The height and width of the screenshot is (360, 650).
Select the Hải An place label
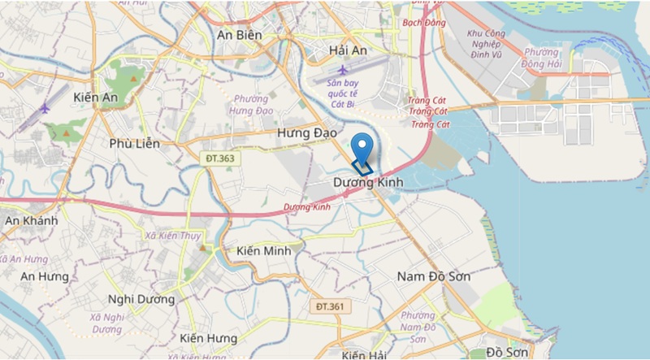[349, 50]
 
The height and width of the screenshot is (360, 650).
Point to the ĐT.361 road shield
[330, 306]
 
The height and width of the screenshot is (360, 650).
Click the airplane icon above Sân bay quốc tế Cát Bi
[342, 69]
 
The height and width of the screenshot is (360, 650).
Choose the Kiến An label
[95, 98]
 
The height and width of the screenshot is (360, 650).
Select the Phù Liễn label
[135, 144]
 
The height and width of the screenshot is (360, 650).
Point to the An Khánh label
[31, 221]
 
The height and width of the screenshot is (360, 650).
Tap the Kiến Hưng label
[209, 337]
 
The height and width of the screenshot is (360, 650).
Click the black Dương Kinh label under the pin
[369, 184]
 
